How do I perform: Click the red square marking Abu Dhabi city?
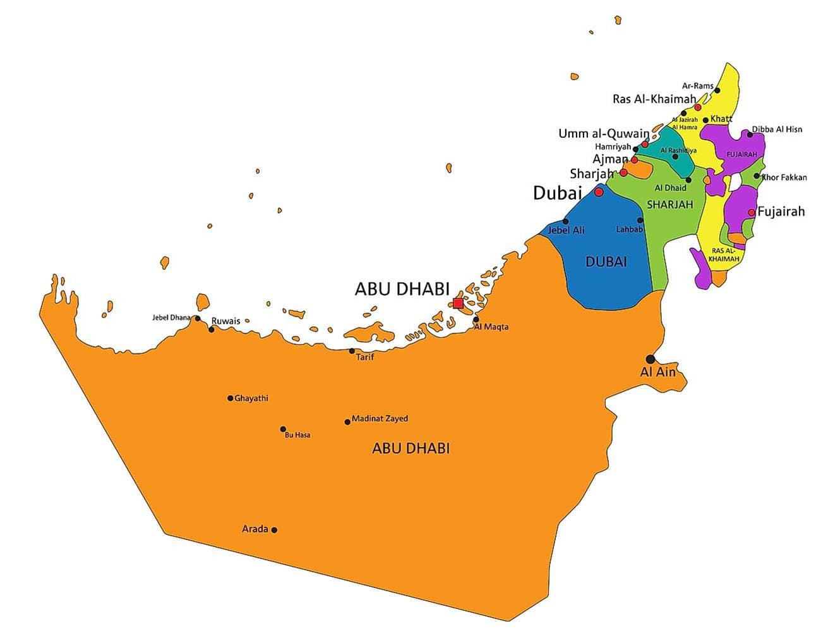tap(458, 303)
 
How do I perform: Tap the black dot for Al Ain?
tap(650, 359)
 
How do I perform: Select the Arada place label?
tap(255, 529)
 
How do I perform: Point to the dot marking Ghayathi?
tap(230, 398)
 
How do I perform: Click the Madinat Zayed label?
tap(380, 419)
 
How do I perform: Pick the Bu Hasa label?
tap(297, 435)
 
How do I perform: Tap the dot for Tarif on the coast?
tap(352, 351)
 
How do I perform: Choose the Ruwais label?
tap(225, 321)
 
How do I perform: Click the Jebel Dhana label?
tap(171, 317)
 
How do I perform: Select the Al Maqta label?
tap(491, 327)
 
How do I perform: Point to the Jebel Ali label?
tap(566, 230)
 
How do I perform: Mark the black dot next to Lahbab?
tap(640, 220)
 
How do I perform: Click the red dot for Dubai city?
tap(599, 192)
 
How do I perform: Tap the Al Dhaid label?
tap(670, 188)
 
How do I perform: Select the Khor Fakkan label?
tap(784, 178)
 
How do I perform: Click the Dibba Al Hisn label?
tap(777, 130)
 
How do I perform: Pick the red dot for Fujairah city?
tap(752, 212)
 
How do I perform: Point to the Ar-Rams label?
tap(697, 86)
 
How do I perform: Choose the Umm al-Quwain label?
tap(603, 133)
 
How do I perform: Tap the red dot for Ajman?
tap(634, 160)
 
